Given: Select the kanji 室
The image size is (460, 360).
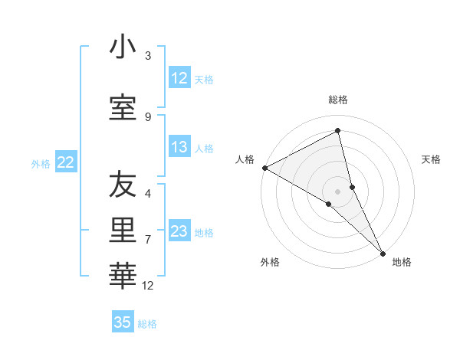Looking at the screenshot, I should pyautogui.click(x=123, y=107).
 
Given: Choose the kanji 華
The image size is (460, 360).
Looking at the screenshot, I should pyautogui.click(x=123, y=272).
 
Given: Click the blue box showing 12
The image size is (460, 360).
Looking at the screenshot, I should pyautogui.click(x=179, y=78).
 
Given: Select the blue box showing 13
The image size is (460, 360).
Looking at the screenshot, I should pyautogui.click(x=179, y=147).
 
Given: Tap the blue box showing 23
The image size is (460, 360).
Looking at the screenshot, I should pyautogui.click(x=179, y=231).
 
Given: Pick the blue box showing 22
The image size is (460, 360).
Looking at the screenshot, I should pyautogui.click(x=66, y=162).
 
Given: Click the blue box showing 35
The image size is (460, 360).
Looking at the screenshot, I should pyautogui.click(x=123, y=322).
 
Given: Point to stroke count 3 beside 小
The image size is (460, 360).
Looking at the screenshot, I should pyautogui.click(x=148, y=56).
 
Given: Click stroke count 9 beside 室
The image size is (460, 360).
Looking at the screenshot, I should pyautogui.click(x=148, y=117).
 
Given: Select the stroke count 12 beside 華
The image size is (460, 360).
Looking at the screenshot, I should pyautogui.click(x=148, y=286).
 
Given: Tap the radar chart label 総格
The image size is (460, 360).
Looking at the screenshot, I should pyautogui.click(x=338, y=100).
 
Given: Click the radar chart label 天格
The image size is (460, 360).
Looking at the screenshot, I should pyautogui.click(x=432, y=159).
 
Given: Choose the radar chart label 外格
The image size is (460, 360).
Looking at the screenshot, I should pyautogui.click(x=270, y=262).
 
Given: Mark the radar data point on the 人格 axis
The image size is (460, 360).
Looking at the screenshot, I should pyautogui.click(x=264, y=168).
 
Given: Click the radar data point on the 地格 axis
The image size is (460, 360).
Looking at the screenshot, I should pyautogui.click(x=382, y=253).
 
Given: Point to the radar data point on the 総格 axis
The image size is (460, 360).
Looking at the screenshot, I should pyautogui.click(x=338, y=131).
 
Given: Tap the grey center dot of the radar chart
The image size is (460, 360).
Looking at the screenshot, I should pyautogui.click(x=338, y=191).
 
